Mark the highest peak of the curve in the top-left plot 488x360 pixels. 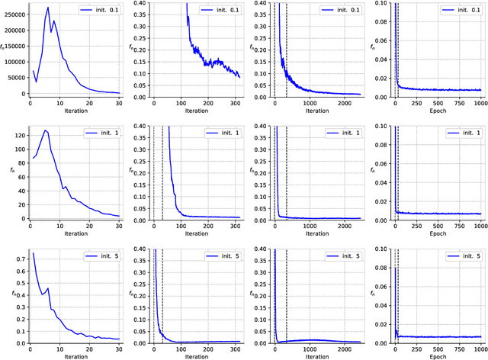(x=47, y=8)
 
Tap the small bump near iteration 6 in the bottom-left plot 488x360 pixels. (x=47, y=288)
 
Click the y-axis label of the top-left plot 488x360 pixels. (x=4, y=48)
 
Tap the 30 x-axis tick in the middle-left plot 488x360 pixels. (x=118, y=226)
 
